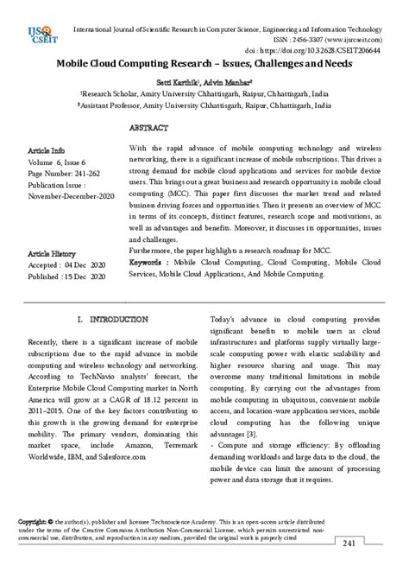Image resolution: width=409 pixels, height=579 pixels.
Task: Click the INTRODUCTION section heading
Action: [x=112, y=320]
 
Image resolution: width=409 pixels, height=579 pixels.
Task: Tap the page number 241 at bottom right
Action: [x=374, y=567]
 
